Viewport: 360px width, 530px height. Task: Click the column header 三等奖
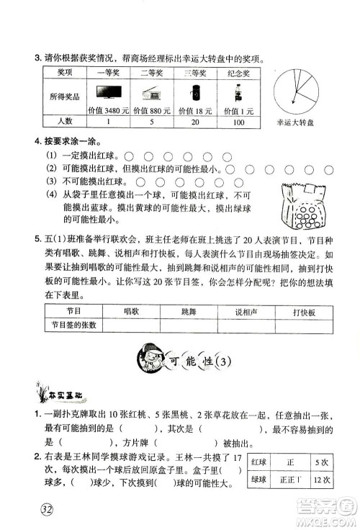[194, 72]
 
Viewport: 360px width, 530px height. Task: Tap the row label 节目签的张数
[72, 324]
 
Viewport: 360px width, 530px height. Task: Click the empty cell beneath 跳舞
[189, 324]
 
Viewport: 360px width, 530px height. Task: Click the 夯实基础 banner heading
[53, 392]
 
